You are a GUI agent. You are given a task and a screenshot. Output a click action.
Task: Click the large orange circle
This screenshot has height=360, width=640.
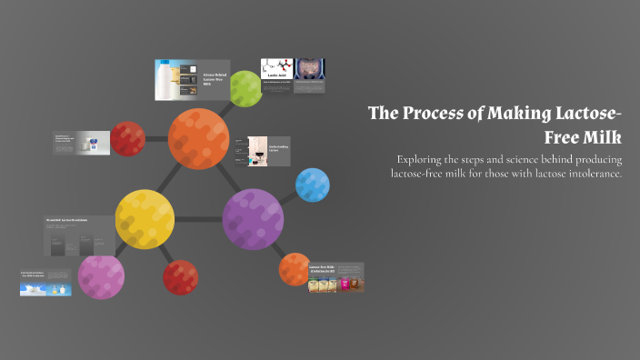coord(199,137)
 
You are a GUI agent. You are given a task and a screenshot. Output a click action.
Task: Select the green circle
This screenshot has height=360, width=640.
coord(245,88)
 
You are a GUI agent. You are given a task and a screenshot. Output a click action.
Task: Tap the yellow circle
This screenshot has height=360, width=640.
coord(145,219)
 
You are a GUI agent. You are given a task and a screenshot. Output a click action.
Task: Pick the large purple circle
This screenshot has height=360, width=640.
coord(253,219)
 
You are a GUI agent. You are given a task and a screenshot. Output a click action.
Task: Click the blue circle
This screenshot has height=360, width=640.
coord(312,185)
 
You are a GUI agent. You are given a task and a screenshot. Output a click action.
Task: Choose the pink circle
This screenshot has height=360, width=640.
coord(100,275)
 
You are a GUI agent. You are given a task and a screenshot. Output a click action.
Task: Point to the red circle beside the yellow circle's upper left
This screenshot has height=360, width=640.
coord(127,139)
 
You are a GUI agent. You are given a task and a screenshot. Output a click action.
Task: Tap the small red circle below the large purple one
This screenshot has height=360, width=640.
coord(180,277)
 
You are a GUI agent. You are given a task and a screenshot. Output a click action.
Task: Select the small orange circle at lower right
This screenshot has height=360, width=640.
coord(295,269)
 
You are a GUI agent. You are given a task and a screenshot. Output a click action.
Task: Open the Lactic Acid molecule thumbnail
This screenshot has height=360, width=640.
coord(275,70)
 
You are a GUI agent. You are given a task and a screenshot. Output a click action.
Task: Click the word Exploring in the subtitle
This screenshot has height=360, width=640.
coord(424,159)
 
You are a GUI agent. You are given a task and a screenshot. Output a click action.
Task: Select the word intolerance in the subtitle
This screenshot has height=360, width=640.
coord(588,174)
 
